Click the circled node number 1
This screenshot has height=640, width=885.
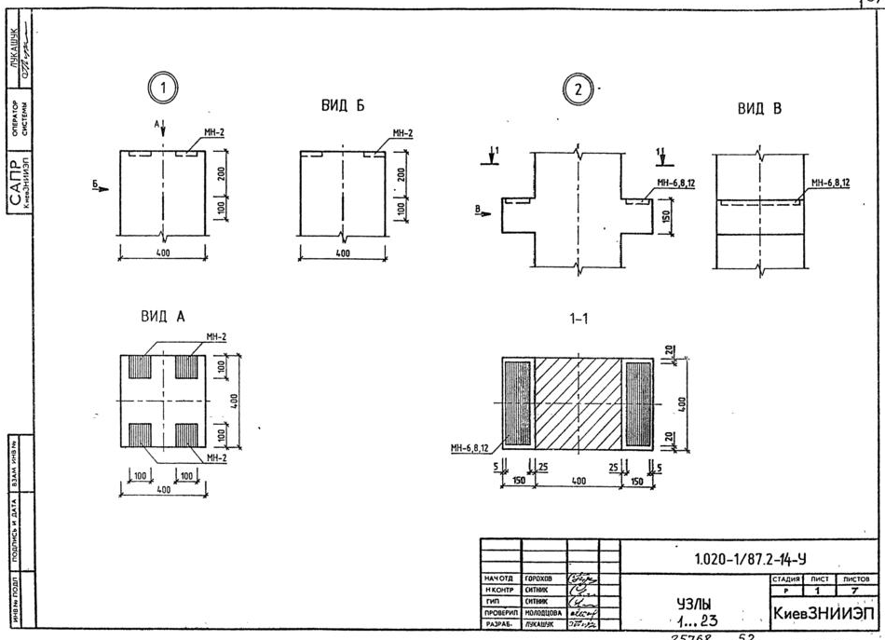165,89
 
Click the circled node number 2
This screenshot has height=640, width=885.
578,89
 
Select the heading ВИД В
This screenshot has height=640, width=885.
758,108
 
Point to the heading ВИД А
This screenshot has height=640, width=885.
163,317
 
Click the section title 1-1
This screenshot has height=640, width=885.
578,319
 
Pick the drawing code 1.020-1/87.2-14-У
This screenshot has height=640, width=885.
742,560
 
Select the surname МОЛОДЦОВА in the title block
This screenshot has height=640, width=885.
544,614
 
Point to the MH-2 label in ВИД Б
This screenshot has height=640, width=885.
402,133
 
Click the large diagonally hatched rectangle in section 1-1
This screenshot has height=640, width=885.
578,401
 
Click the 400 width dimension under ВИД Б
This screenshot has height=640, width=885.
343,252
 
